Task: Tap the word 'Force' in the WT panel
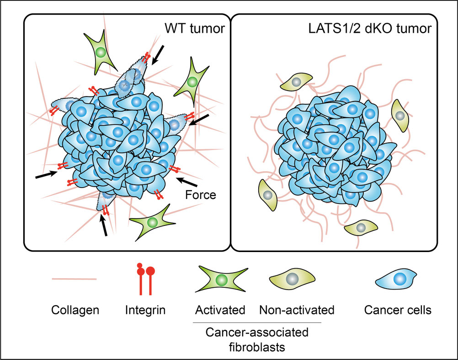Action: coord(201,195)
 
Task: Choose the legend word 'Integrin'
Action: coord(146,311)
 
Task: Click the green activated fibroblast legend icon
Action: coord(220,279)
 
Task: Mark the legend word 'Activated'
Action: coord(220,311)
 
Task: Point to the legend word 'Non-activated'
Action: coord(297,311)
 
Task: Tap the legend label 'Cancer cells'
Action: coord(397,311)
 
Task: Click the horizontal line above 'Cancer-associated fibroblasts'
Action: coord(257,323)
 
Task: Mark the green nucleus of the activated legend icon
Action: coord(221,279)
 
